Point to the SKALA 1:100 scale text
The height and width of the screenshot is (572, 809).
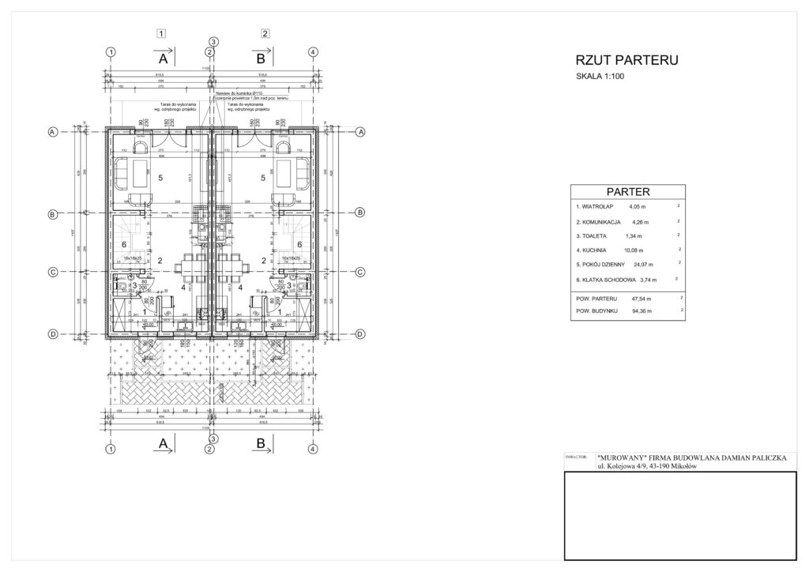point(604,77)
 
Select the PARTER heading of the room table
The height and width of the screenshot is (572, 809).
point(627,191)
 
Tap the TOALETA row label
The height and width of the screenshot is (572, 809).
point(593,235)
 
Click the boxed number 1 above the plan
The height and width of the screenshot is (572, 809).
point(161,34)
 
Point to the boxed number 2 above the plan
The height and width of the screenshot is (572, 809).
point(265,34)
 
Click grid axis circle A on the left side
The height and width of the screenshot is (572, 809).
point(52,133)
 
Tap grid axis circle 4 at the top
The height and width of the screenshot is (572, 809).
point(314,51)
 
